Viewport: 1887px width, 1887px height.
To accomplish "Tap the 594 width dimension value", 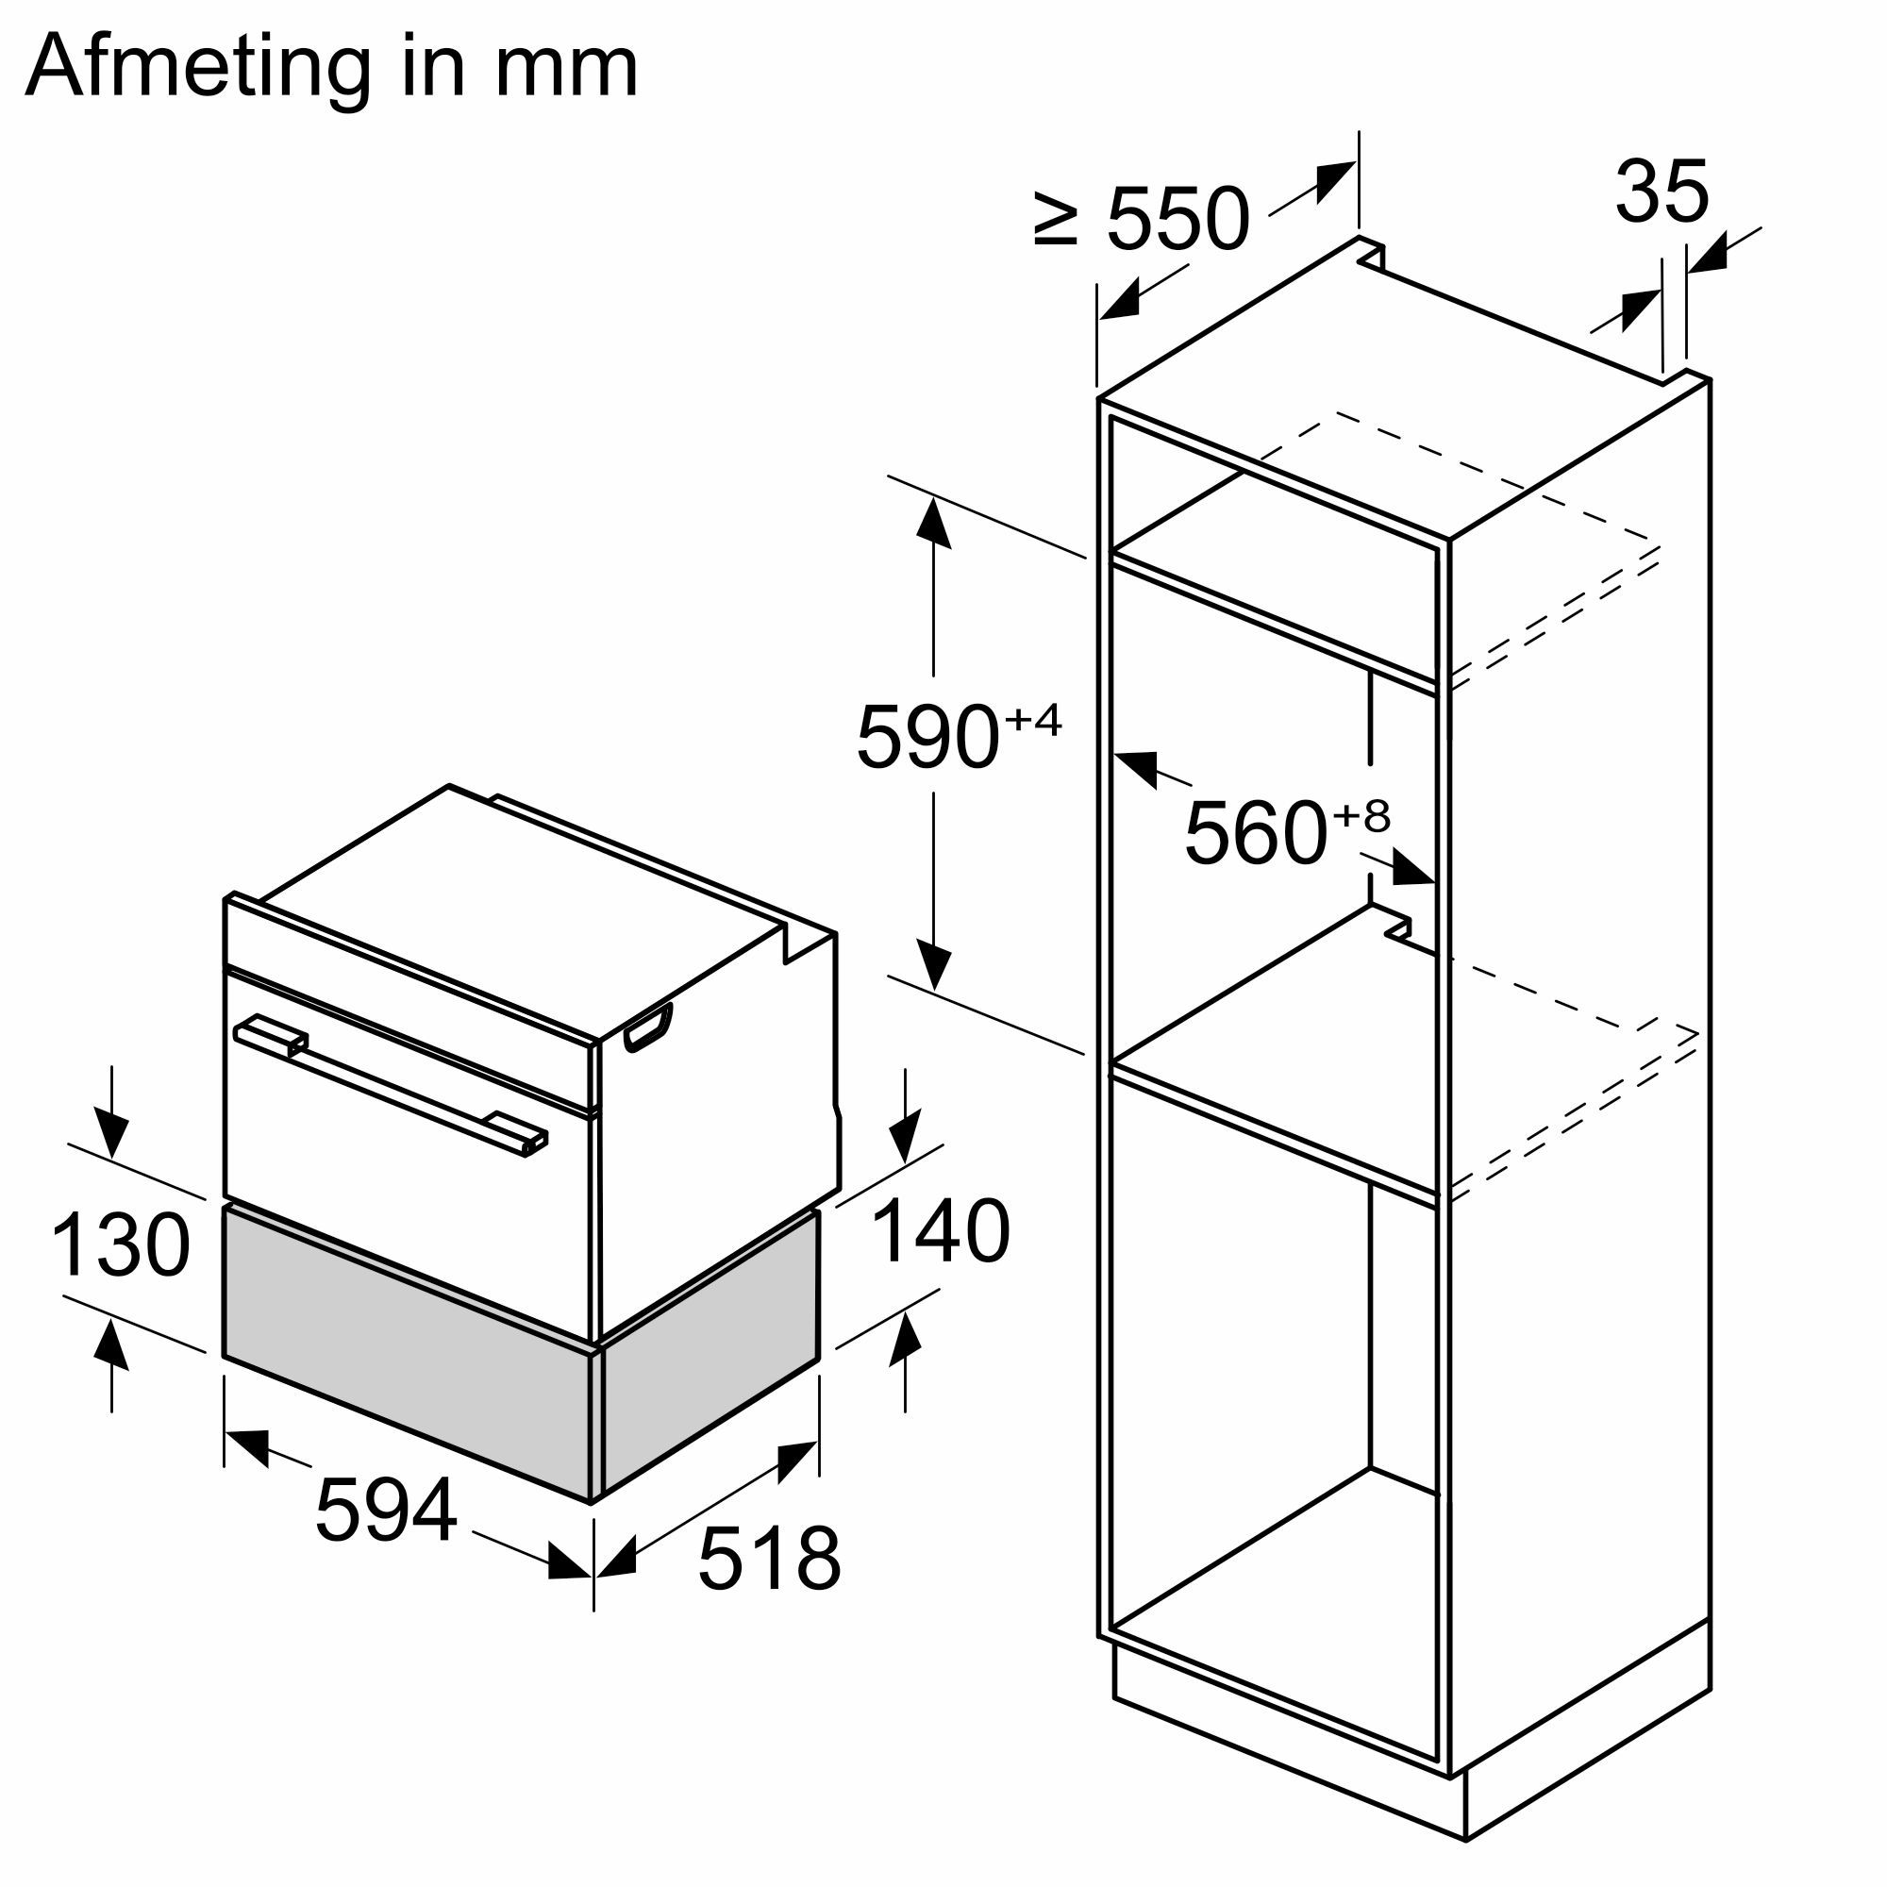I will [386, 1510].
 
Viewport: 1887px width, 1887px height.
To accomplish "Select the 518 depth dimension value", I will [769, 1559].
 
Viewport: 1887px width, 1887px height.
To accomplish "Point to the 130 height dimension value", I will [120, 1245].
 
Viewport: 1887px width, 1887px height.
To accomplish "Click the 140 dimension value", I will [940, 1232].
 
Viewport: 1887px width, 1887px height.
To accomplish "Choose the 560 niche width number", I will [1256, 832].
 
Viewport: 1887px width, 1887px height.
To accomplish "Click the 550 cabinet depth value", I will [1177, 220].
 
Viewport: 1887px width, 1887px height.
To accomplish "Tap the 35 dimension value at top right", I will [1662, 192].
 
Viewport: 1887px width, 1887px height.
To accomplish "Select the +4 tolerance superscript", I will [1033, 720].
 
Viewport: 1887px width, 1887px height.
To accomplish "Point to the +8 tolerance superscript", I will [1361, 814].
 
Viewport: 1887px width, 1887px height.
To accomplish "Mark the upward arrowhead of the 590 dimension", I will [934, 521].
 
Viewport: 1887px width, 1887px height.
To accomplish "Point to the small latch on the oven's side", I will [648, 1027].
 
